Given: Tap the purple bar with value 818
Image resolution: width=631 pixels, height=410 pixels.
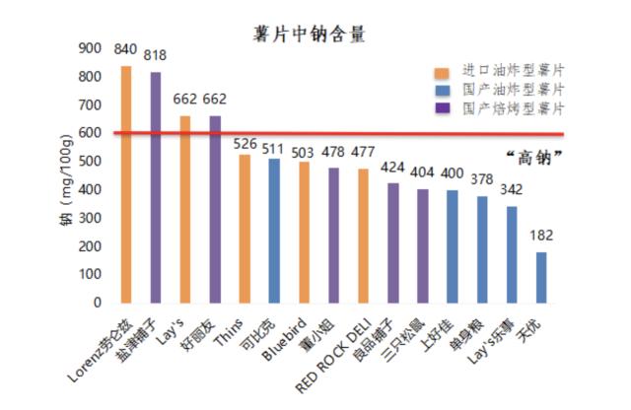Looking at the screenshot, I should pyautogui.click(x=156, y=187).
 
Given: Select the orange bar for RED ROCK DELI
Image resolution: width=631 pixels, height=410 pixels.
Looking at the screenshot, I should pyautogui.click(x=364, y=236).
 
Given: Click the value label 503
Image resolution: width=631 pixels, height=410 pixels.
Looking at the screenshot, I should pyautogui.click(x=304, y=151).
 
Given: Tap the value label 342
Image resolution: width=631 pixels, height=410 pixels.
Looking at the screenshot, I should pyautogui.click(x=512, y=188).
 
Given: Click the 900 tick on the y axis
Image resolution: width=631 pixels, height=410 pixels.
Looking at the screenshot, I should pyautogui.click(x=90, y=48).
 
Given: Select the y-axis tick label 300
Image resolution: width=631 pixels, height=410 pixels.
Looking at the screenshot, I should pyautogui.click(x=90, y=218).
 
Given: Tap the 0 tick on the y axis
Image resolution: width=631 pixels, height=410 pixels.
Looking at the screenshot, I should pyautogui.click(x=97, y=303).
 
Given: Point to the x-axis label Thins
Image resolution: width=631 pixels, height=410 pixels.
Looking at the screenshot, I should pyautogui.click(x=234, y=331).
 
